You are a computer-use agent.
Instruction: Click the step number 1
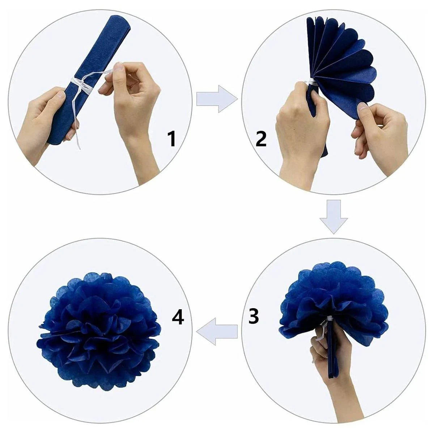[171, 139]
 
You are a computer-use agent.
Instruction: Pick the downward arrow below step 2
[333, 216]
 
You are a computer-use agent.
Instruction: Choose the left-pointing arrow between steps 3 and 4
[216, 331]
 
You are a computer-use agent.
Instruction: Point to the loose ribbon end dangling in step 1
[77, 137]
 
